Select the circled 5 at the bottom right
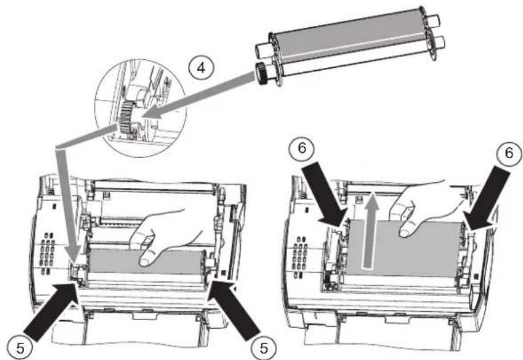click(264, 347)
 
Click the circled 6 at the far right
click(508, 153)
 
